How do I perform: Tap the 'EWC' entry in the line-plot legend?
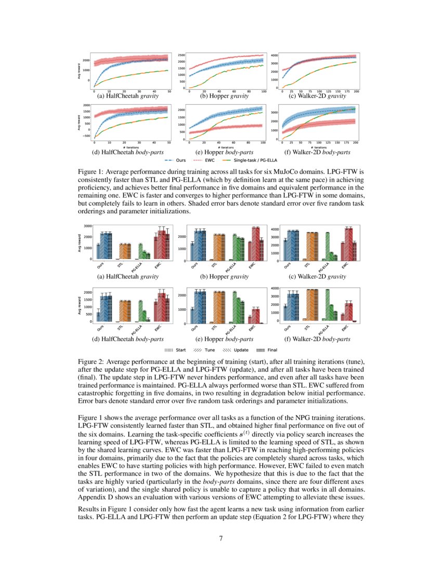(209, 161)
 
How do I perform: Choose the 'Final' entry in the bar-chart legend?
(267, 350)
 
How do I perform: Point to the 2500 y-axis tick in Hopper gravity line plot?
(181, 55)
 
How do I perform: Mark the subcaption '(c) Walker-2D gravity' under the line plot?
(318, 96)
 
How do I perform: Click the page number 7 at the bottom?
(221, 538)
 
